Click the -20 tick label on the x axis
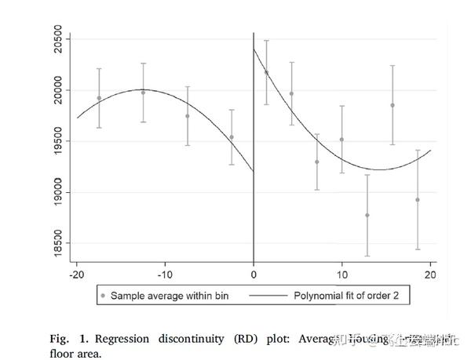coord(76,275)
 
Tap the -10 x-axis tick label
coord(165,275)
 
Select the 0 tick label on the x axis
coord(254,275)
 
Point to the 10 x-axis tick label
coord(341,275)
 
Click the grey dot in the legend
coord(102,296)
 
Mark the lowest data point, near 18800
coord(367,215)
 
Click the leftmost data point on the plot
coord(99,98)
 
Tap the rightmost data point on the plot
coord(418,199)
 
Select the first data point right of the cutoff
coord(266,72)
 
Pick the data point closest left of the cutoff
coord(231,137)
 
